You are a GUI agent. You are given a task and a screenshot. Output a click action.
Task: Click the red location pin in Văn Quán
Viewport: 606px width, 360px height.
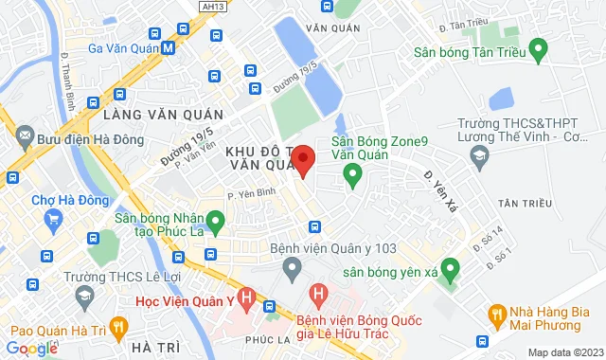click(302, 159)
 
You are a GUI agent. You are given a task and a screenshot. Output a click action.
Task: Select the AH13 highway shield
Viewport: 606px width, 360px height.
click(213, 6)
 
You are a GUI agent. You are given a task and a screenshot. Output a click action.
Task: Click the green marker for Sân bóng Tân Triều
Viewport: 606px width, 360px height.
click(538, 47)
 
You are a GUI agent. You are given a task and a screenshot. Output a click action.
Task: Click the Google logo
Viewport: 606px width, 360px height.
click(32, 348)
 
